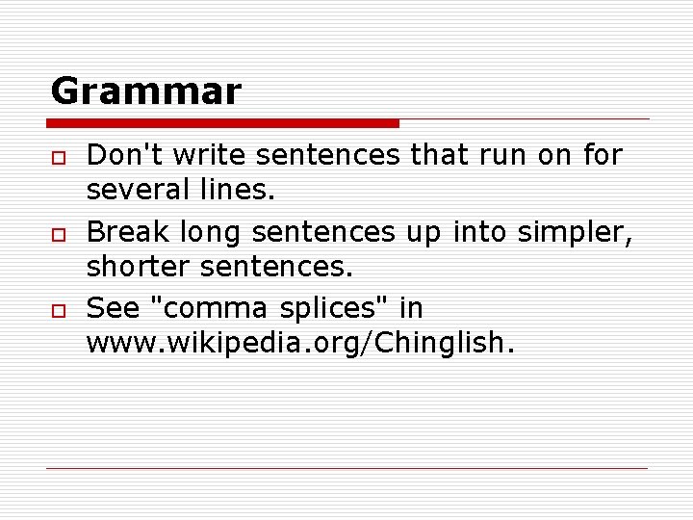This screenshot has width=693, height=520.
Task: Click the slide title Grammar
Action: point(145,92)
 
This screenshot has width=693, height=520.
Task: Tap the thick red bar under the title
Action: point(223,123)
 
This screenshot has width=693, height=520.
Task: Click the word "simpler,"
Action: point(575,232)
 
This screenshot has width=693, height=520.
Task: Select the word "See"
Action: point(112,309)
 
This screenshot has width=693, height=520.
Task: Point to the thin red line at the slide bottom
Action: point(346,469)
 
